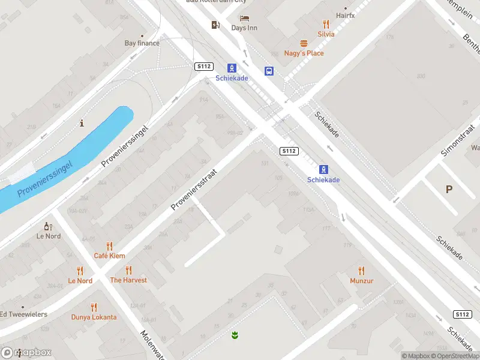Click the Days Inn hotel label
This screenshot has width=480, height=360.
(244, 28)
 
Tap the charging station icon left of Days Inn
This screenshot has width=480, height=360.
(215, 25)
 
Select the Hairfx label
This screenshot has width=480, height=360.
(345, 15)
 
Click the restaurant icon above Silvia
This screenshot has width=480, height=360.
(326, 24)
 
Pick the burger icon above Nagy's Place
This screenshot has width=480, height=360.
(304, 43)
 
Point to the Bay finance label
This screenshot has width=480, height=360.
(142, 43)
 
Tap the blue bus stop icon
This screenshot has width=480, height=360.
(269, 71)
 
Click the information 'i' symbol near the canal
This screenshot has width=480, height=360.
(82, 124)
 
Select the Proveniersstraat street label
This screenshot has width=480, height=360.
(193, 189)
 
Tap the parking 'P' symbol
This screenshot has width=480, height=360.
(449, 189)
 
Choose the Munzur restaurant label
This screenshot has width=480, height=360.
(361, 281)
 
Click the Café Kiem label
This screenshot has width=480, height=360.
(109, 256)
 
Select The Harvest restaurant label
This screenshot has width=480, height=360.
(128, 280)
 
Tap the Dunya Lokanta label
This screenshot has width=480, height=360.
(94, 317)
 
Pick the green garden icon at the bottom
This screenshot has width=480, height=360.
(235, 334)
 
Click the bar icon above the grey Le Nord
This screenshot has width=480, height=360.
(48, 227)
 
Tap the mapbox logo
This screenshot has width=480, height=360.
(26, 352)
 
